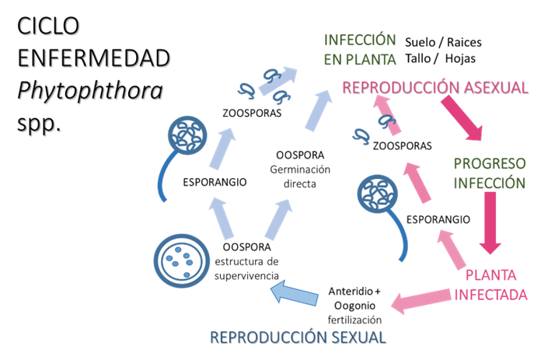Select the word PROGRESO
490,164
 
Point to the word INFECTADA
491,295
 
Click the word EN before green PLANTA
333,58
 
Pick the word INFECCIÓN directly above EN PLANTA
360,40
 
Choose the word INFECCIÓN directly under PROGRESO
490,183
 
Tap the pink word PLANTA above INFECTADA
491,275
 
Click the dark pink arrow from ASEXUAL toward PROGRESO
464,119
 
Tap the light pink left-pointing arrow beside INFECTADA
420,299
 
